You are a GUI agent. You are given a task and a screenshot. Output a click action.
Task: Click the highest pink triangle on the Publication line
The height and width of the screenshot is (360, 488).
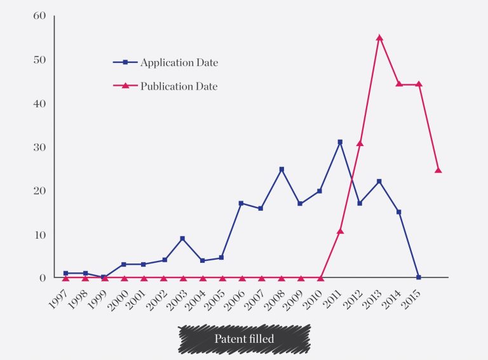pyautogui.click(x=379, y=37)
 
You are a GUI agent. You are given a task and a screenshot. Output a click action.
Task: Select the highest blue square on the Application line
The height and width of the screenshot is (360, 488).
pyautogui.click(x=340, y=142)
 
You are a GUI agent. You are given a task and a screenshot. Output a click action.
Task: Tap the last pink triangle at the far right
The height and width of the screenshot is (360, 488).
pyautogui.click(x=438, y=170)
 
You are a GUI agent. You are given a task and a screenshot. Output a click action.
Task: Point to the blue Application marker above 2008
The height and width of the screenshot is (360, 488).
pyautogui.click(x=281, y=170)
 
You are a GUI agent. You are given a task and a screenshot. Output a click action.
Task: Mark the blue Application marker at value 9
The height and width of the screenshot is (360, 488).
pyautogui.click(x=182, y=238)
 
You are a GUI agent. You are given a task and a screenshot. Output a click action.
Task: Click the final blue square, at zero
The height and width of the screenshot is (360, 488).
pyautogui.click(x=419, y=277)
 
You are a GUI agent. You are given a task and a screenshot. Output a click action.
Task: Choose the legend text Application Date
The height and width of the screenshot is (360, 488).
pyautogui.click(x=179, y=62)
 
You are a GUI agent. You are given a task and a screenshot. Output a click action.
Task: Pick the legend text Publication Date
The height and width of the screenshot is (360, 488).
pyautogui.click(x=179, y=86)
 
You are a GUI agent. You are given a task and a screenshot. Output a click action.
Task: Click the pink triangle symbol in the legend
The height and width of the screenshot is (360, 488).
pyautogui.click(x=125, y=86)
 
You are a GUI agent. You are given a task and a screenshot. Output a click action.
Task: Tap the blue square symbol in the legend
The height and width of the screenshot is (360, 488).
pyautogui.click(x=125, y=62)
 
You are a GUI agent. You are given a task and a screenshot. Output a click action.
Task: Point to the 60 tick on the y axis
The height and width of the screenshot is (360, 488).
pyautogui.click(x=39, y=16)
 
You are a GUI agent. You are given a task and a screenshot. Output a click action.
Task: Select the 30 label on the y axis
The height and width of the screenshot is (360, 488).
pyautogui.click(x=39, y=147)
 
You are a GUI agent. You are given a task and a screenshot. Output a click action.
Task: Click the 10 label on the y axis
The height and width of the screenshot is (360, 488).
pyautogui.click(x=39, y=234)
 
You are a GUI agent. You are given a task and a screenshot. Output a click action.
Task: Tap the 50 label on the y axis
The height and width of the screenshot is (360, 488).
pyautogui.click(x=39, y=60)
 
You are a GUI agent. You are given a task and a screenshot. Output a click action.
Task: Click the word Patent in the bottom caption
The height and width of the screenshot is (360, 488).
pyautogui.click(x=228, y=339)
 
